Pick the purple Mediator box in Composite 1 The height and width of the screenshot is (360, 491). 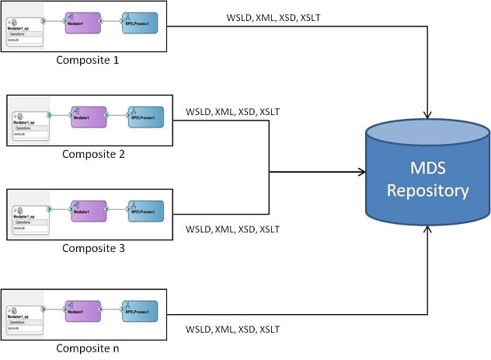pos(79,21)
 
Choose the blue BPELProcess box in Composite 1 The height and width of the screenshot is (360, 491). pos(138,21)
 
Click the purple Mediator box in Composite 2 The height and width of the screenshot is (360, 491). pos(87,117)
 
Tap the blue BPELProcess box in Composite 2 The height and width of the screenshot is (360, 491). pos(146,117)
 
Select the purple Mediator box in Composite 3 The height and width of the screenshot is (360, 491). pos(87,210)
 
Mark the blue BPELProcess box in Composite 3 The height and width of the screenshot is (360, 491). pos(146,210)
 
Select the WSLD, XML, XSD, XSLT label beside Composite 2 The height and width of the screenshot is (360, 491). pos(233,112)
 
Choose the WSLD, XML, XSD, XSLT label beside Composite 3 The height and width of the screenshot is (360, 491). pos(233,229)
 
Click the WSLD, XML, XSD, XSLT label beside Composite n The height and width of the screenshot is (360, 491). pos(233,330)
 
